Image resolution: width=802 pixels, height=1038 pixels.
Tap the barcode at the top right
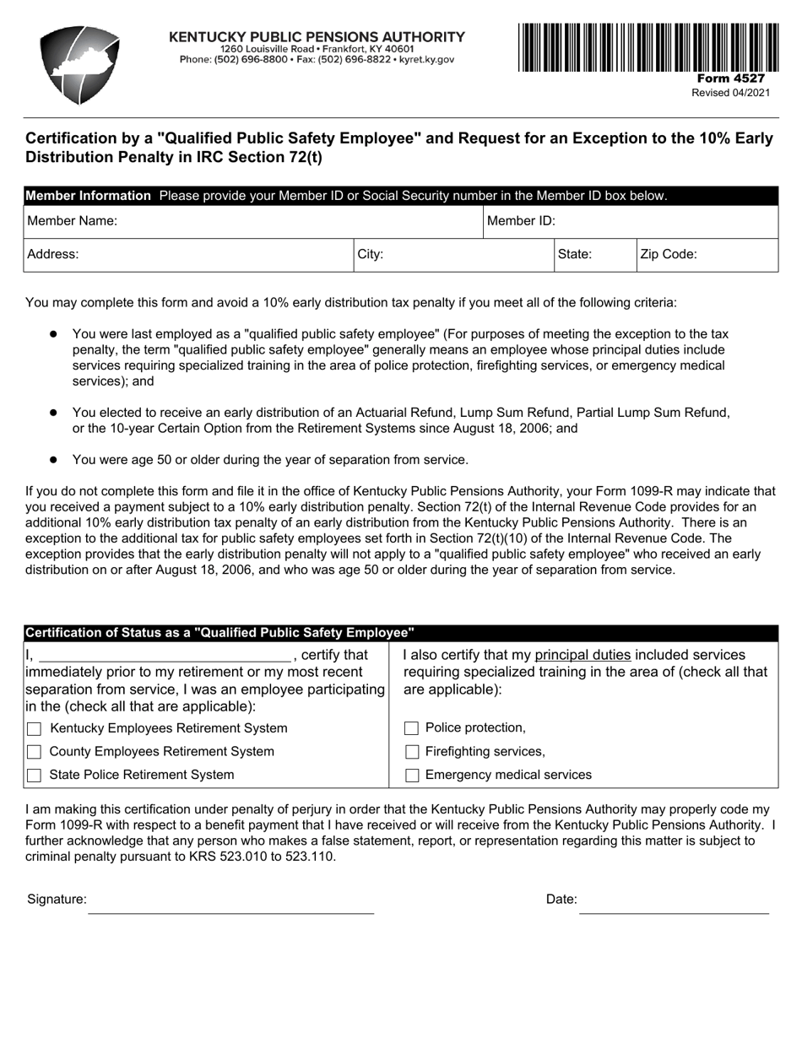click(648, 47)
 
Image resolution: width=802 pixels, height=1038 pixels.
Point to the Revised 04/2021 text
click(730, 93)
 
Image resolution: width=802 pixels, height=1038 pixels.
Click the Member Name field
click(295, 222)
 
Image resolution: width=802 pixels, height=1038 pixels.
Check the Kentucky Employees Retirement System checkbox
click(35, 729)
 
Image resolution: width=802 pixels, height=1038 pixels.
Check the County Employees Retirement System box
click(35, 752)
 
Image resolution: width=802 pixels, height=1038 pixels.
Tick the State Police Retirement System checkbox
click(35, 776)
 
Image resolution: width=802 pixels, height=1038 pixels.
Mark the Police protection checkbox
click(412, 729)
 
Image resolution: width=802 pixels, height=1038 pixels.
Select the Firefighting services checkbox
click(412, 752)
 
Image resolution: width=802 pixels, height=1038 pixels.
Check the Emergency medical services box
click(412, 776)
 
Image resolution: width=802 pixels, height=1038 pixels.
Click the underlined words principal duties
click(583, 656)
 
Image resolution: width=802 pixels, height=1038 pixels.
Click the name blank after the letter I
click(165, 655)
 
